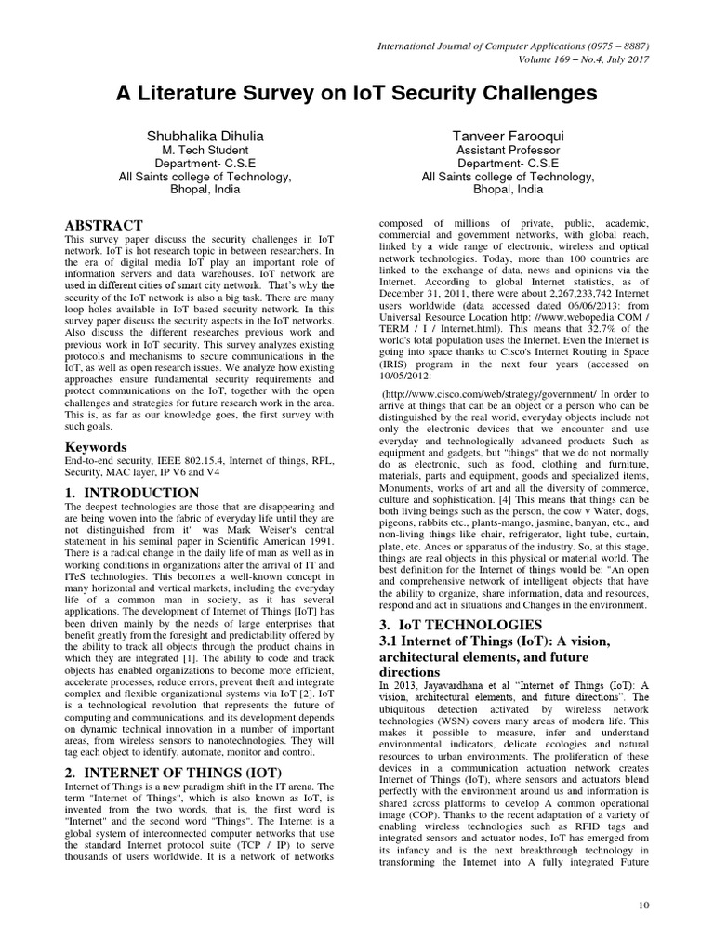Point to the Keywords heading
pos(95,447)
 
